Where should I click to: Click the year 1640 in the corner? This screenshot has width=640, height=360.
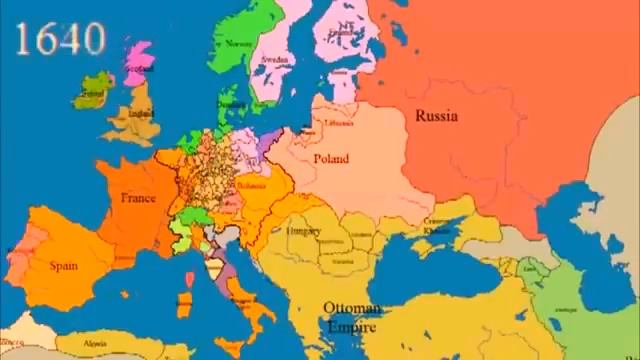point(61,39)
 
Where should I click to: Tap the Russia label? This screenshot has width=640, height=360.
point(438,114)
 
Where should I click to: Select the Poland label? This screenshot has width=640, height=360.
point(330,159)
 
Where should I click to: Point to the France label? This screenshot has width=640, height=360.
point(138,198)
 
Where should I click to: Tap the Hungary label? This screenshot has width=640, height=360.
point(302,231)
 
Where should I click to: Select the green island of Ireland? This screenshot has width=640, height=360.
point(92,92)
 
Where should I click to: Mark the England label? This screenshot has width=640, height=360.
point(143,114)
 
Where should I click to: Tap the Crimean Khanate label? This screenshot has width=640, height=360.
point(436,224)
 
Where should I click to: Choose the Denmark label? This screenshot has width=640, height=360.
point(229,102)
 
